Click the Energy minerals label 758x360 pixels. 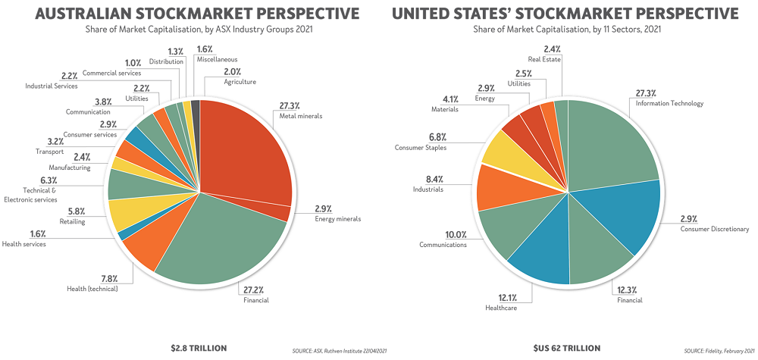coord(338,219)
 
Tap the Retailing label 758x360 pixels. coord(73,222)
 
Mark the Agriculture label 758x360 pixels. coord(240,82)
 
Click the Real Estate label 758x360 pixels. coord(544,58)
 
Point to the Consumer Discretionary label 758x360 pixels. coord(713,229)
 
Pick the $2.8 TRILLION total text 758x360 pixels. coord(199,348)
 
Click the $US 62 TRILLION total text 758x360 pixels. coord(567,348)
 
